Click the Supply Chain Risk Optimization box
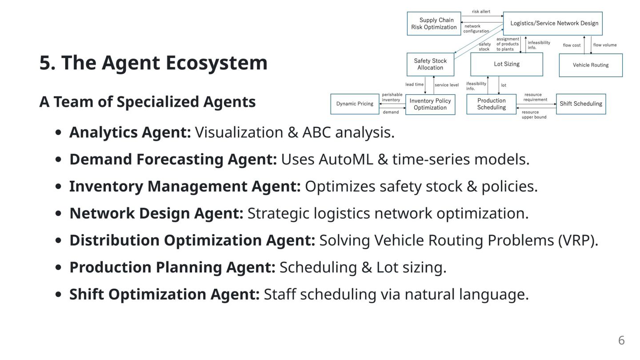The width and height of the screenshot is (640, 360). pyautogui.click(x=434, y=24)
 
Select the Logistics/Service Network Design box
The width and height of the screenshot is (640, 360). pyautogui.click(x=552, y=24)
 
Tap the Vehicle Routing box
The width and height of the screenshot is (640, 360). pyautogui.click(x=591, y=65)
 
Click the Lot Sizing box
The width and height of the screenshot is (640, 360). pyautogui.click(x=507, y=64)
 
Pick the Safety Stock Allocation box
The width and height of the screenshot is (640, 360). pyautogui.click(x=430, y=64)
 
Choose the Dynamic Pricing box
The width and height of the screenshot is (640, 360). pyautogui.click(x=355, y=104)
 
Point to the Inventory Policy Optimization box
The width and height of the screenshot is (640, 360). pyautogui.click(x=430, y=104)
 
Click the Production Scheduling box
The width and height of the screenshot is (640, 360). pyautogui.click(x=491, y=104)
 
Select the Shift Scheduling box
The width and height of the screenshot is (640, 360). pyautogui.click(x=581, y=104)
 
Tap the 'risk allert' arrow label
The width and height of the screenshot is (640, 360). pyautogui.click(x=481, y=12)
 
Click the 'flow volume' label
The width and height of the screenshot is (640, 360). pyautogui.click(x=605, y=45)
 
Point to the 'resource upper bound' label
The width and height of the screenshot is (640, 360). pyautogui.click(x=534, y=115)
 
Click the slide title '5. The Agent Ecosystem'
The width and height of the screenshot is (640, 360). pyautogui.click(x=153, y=63)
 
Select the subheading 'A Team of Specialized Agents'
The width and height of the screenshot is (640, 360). pyautogui.click(x=148, y=102)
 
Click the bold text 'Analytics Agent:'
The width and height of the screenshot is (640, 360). pyautogui.click(x=130, y=132)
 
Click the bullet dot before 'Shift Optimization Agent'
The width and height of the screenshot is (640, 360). pyautogui.click(x=58, y=295)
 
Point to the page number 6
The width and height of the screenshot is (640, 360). pyautogui.click(x=621, y=340)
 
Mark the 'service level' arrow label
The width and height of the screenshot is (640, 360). pyautogui.click(x=447, y=85)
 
